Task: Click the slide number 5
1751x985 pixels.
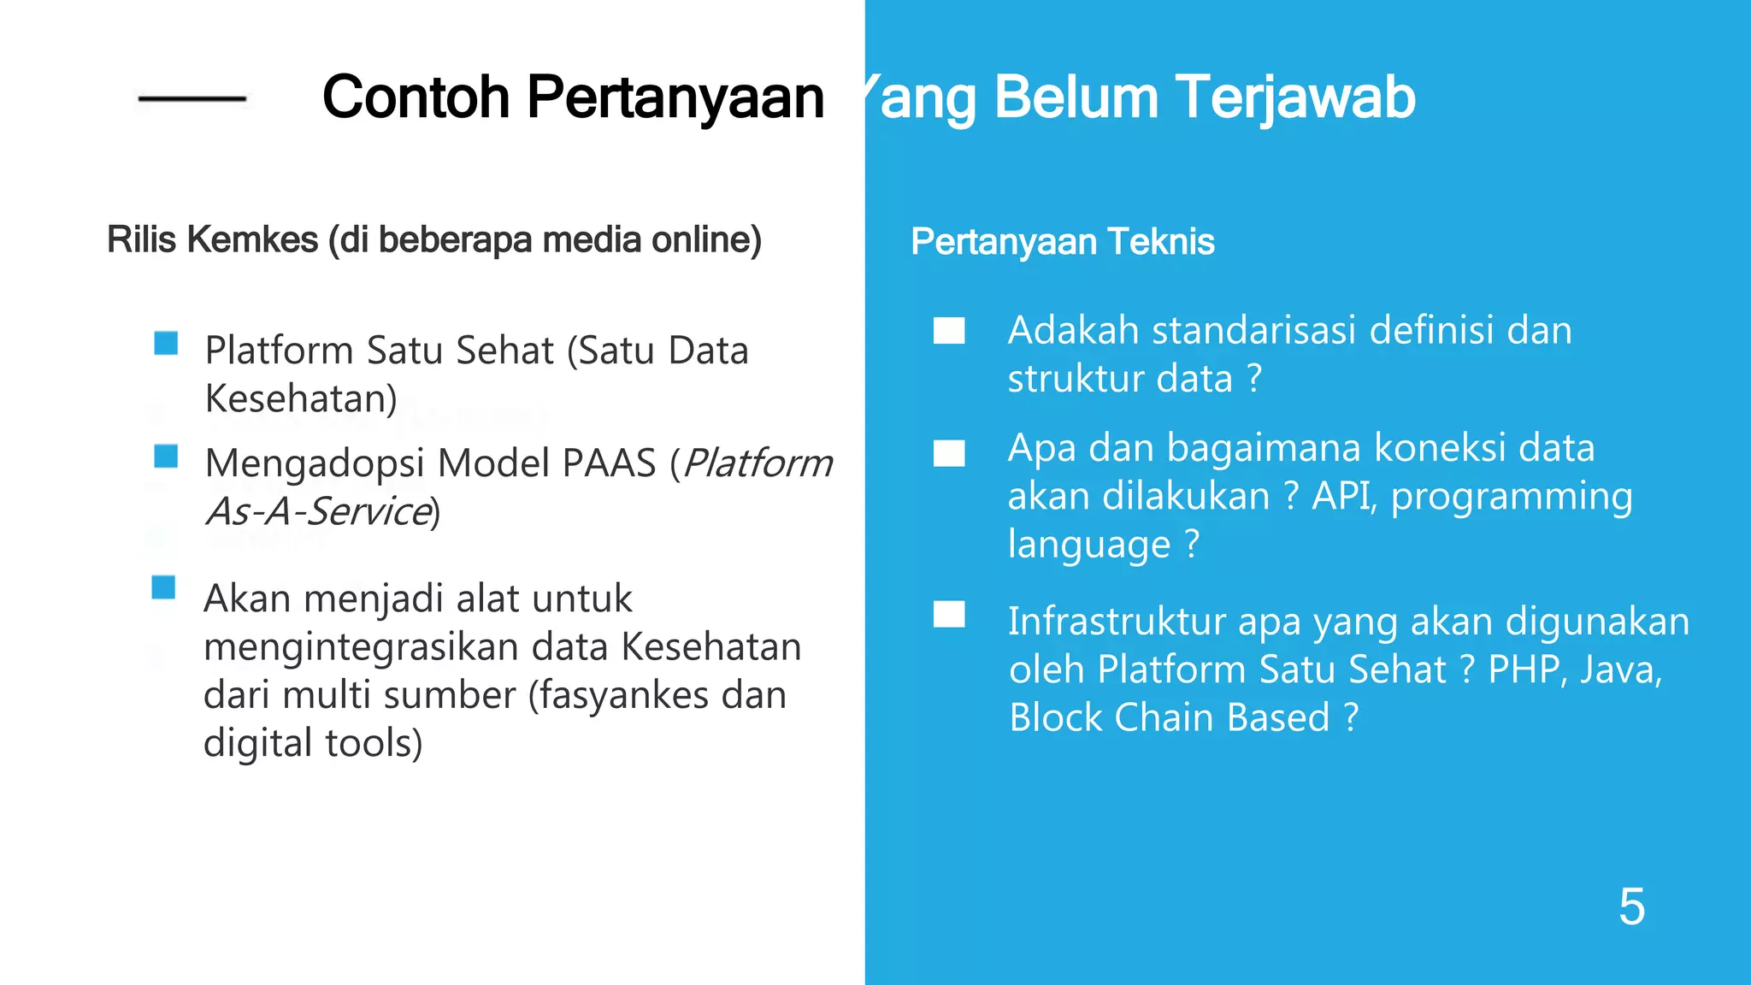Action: tap(1631, 906)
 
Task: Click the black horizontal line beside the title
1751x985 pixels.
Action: tap(192, 100)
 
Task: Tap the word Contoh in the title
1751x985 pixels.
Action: tap(416, 97)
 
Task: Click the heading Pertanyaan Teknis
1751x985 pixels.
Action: tap(1062, 242)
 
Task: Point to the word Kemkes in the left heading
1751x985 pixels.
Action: tap(252, 240)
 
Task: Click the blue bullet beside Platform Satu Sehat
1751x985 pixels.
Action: tap(166, 344)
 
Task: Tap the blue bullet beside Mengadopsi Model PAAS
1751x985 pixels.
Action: tap(166, 457)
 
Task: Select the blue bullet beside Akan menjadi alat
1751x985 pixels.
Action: tap(163, 588)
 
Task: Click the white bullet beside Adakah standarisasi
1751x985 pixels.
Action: tap(949, 331)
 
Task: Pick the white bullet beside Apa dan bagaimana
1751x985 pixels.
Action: tap(949, 453)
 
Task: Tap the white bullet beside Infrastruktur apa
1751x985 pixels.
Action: tap(949, 615)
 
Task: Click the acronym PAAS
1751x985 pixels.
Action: tap(609, 464)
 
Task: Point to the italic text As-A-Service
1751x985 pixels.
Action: tap(318, 512)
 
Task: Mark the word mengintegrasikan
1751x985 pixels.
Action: tap(360, 647)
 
